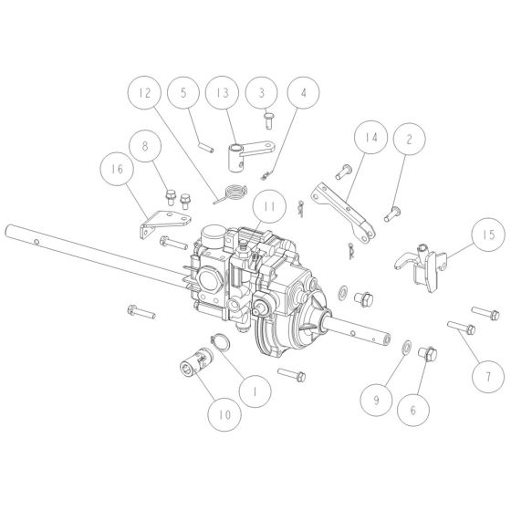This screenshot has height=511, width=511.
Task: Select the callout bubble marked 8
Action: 147,146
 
